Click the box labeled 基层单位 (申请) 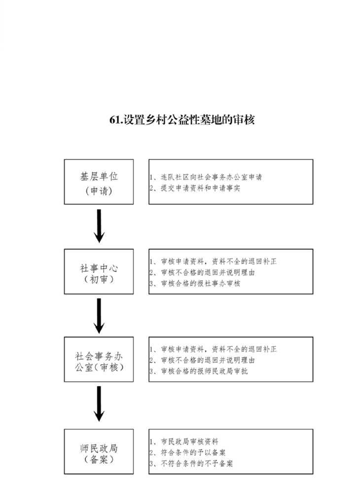tap(99, 182)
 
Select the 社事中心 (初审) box tap(99, 271)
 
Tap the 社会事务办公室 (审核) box tap(99, 359)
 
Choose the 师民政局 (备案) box tap(99, 451)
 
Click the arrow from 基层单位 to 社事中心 tap(99, 226)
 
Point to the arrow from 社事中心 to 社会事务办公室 tap(99, 316)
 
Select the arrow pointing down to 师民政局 tap(99, 404)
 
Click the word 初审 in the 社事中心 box tap(99, 279)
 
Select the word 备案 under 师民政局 tap(99, 459)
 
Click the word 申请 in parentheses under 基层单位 tap(99, 190)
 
